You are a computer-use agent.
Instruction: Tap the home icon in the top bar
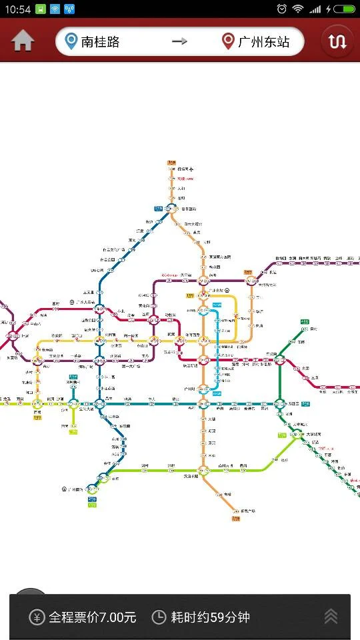click(x=23, y=41)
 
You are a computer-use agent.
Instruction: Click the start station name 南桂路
click(x=101, y=42)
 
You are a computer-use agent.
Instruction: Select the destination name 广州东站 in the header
click(x=264, y=42)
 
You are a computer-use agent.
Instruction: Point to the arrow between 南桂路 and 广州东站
click(x=179, y=41)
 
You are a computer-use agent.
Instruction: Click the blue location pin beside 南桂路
click(x=71, y=41)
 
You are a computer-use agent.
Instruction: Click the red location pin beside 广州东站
click(x=228, y=41)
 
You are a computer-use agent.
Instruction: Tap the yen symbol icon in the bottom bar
click(x=37, y=617)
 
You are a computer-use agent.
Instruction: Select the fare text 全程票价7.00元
click(x=92, y=617)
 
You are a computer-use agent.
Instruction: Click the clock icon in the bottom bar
click(x=159, y=617)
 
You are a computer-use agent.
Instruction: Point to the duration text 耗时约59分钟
click(x=211, y=617)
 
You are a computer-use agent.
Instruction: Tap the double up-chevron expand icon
click(x=331, y=617)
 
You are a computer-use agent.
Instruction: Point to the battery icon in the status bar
click(x=345, y=9)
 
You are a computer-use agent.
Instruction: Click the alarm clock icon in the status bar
click(x=282, y=9)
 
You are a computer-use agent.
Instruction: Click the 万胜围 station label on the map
click(x=292, y=403)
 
